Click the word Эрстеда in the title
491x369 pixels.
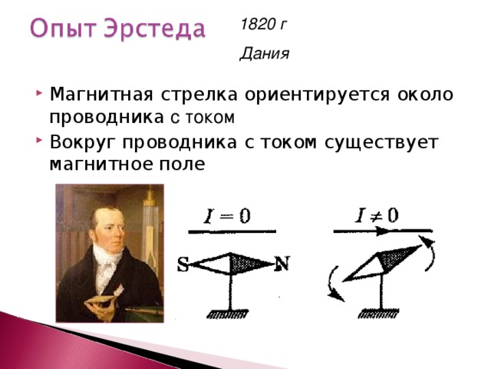[x=155, y=28]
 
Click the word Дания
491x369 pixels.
[x=264, y=54]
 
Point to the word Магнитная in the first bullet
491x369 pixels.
[x=101, y=94]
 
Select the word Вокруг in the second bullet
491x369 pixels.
[x=83, y=143]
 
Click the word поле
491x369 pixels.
[x=183, y=164]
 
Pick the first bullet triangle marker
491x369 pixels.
[x=39, y=93]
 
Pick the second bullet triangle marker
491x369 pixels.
[x=39, y=140]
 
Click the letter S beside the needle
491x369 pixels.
[x=183, y=264]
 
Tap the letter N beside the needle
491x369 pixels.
[x=282, y=263]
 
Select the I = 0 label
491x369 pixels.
[x=227, y=216]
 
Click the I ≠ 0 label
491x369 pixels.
[x=377, y=215]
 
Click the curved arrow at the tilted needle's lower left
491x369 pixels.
[x=333, y=284]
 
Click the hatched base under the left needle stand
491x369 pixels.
[x=228, y=314]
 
